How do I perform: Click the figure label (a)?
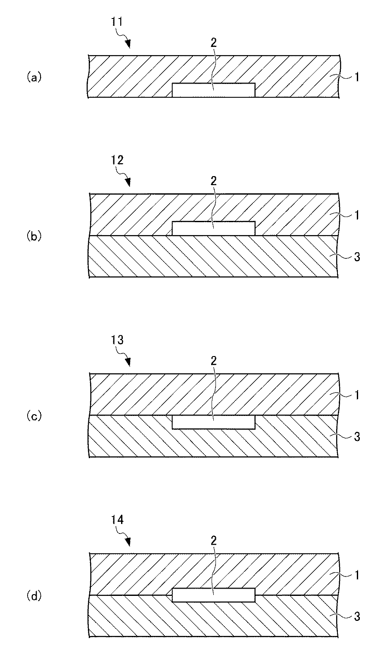click(33, 77)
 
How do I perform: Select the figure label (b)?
click(33, 236)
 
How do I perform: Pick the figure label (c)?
click(33, 416)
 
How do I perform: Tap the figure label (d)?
click(33, 596)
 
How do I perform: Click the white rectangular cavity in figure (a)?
click(213, 90)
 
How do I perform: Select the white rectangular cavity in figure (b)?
click(213, 229)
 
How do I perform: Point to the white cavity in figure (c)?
click(213, 422)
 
